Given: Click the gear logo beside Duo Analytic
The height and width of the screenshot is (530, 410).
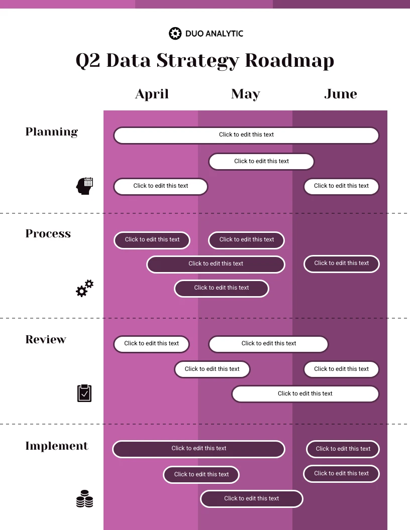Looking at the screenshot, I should (x=175, y=34).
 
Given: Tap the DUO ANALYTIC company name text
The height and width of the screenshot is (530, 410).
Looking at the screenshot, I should (x=214, y=34).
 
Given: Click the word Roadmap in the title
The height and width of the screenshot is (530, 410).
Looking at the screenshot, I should (x=289, y=61).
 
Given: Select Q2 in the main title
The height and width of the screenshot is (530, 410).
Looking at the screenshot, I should (x=88, y=61).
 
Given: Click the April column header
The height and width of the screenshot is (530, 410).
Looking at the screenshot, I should (x=152, y=94).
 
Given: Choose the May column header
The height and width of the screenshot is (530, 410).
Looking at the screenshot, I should (x=246, y=94).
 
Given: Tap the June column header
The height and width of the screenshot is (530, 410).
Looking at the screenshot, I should (x=341, y=94).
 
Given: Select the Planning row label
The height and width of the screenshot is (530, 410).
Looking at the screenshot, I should (x=52, y=132).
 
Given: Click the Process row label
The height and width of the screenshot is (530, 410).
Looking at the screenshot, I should (x=48, y=233).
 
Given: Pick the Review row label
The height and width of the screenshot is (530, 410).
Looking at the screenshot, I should (x=46, y=339).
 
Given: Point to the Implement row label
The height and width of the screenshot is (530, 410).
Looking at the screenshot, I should (x=57, y=446).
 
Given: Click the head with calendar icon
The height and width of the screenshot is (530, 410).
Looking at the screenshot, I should (x=84, y=186).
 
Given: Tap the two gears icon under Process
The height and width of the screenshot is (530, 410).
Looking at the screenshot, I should (x=84, y=289).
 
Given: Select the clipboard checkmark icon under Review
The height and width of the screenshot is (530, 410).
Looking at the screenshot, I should (x=84, y=393).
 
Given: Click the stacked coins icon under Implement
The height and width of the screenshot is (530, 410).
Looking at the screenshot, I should (x=84, y=499).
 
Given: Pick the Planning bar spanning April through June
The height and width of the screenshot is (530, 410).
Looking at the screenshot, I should (x=246, y=135).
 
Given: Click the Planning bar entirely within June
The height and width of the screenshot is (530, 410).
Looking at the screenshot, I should (x=341, y=186).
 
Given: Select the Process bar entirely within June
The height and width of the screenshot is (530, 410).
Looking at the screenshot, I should (x=341, y=263).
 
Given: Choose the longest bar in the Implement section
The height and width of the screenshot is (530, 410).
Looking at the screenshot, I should (x=198, y=449).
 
